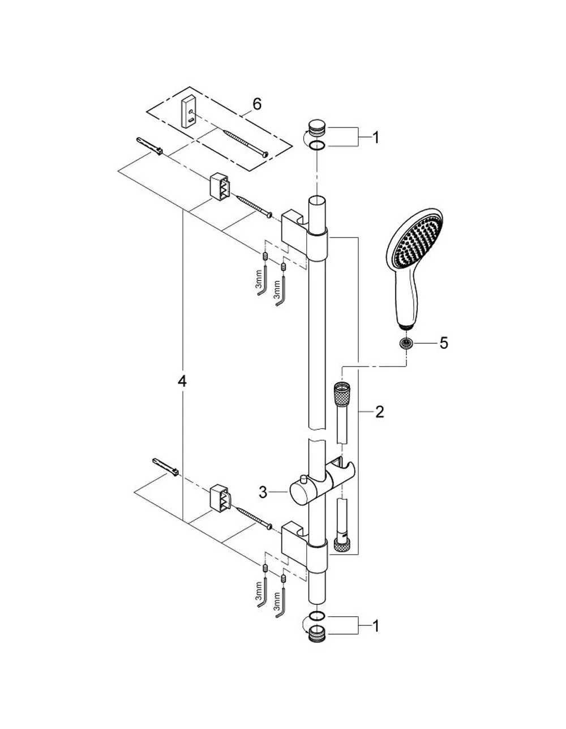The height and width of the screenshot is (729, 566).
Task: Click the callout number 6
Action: [257, 104]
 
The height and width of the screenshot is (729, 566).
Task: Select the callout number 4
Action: [182, 381]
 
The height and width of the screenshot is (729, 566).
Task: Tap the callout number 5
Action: [444, 343]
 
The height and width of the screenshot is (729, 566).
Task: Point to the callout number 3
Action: [263, 492]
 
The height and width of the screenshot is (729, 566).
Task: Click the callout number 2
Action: [379, 412]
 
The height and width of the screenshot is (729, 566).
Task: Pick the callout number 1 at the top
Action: [376, 138]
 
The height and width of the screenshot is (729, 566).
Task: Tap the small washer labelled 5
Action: [406, 344]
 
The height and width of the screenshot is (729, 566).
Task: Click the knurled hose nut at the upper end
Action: [341, 392]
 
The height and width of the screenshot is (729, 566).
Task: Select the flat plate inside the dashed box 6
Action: [188, 113]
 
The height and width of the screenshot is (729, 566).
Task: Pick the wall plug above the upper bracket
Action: [149, 146]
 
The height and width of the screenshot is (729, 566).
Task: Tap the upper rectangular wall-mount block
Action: [220, 186]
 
